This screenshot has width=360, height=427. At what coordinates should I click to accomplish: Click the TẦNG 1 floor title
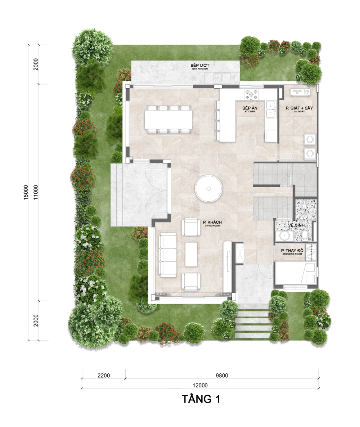[x=201, y=399]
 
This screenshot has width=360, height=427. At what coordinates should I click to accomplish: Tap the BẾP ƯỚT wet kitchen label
[x=200, y=67]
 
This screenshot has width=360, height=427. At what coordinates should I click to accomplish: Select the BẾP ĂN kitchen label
[x=250, y=109]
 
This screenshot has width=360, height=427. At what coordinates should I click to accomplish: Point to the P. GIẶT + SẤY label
[x=299, y=109]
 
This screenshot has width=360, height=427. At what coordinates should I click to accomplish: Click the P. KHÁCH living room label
[x=212, y=224]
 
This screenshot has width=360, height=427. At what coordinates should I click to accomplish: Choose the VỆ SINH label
[x=296, y=226]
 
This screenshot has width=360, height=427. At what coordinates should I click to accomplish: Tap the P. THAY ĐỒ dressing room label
[x=292, y=252]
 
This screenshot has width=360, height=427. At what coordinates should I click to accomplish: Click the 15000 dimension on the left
[x=26, y=192]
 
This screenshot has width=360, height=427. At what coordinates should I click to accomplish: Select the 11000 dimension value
[x=36, y=192]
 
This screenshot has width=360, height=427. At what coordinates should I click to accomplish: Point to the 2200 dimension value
[x=103, y=376]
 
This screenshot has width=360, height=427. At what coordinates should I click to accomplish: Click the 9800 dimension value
[x=222, y=376]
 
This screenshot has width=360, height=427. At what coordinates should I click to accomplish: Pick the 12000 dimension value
[x=200, y=385]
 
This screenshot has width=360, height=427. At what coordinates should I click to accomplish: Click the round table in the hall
[x=208, y=188]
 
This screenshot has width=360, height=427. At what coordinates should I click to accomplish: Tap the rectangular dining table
[x=168, y=120]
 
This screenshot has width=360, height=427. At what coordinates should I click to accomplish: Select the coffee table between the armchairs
[x=191, y=254]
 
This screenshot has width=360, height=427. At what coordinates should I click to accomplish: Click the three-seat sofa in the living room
[x=167, y=255]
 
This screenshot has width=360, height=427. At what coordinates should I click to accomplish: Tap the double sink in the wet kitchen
[x=222, y=77]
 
